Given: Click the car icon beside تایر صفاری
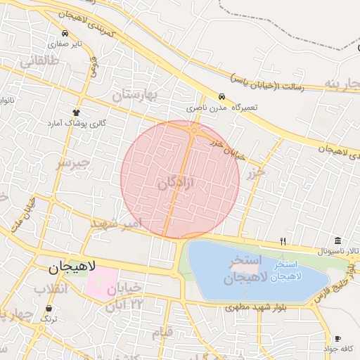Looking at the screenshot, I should point(65,33).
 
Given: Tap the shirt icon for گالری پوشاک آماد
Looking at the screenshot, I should point(77,112).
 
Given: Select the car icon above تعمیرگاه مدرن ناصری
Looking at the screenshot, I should point(221,97).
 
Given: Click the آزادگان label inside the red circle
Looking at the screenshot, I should point(174,184).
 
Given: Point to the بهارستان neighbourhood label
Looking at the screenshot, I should point(136,94).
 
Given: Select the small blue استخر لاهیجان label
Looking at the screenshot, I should point(281,270).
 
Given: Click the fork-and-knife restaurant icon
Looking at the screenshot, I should point(283,241).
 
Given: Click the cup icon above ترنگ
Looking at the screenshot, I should point(48,309).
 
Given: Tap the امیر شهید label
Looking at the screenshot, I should point(117,223).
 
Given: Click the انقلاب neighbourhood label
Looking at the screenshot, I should point(51,288).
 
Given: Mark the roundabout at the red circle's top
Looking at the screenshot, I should point(194,129).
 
